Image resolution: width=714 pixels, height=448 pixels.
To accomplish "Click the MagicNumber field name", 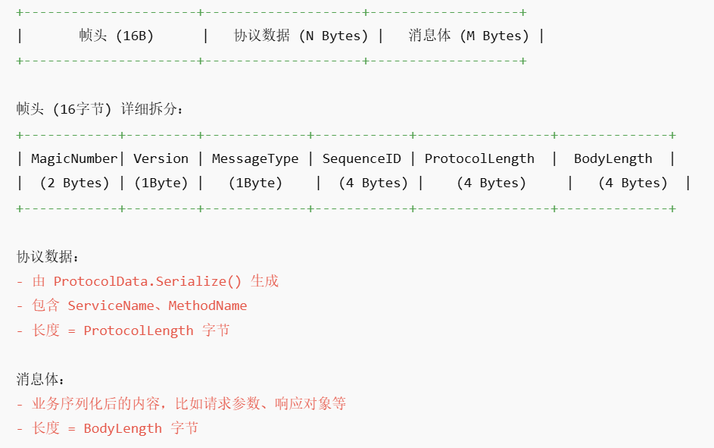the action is (74, 158).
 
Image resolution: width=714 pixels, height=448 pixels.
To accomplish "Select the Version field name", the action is (161, 158).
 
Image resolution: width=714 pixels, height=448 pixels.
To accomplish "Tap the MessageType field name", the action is (255, 158).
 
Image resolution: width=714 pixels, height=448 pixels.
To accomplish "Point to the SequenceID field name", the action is (361, 158).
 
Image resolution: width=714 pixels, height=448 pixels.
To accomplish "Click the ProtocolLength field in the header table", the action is (479, 158).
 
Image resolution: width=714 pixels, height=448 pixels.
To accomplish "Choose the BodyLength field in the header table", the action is (613, 158).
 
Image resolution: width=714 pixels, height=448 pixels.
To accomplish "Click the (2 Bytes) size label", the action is (74, 183).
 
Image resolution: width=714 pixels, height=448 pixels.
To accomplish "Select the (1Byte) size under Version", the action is (161, 183).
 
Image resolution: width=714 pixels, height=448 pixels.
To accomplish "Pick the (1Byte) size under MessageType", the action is (255, 183).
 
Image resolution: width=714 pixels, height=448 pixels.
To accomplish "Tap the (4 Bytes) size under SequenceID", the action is (373, 183).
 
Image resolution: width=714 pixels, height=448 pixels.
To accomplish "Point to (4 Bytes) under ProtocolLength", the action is (491, 183).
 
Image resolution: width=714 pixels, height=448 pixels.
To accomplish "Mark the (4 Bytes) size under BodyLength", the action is (633, 183).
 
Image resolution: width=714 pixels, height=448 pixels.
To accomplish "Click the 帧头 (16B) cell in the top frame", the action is (116, 36).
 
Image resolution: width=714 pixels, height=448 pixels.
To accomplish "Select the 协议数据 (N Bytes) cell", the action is (301, 36).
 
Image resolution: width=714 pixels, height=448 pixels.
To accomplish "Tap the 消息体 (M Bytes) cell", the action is (468, 36).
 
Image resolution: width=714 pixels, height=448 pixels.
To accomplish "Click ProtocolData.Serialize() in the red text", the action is (147, 281).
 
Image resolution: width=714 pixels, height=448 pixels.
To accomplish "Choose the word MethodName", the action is (207, 305).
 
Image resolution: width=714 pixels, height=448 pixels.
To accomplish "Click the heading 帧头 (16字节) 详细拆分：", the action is (100, 109).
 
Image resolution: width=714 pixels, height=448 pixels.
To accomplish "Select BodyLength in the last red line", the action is (123, 428).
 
